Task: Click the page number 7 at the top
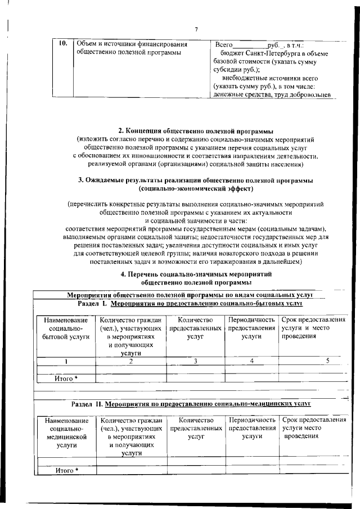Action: (196, 30)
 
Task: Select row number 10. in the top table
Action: (63, 43)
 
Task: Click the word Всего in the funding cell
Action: (224, 44)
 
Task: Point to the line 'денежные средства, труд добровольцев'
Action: (272, 95)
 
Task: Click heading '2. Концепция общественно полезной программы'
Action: (196, 130)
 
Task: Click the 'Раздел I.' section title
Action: (93, 303)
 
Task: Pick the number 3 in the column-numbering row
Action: (195, 361)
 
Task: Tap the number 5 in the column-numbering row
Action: (327, 361)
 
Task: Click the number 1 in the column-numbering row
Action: (66, 361)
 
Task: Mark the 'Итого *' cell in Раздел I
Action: (66, 378)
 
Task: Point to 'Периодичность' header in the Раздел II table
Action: (251, 420)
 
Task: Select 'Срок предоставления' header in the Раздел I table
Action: (313, 319)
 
